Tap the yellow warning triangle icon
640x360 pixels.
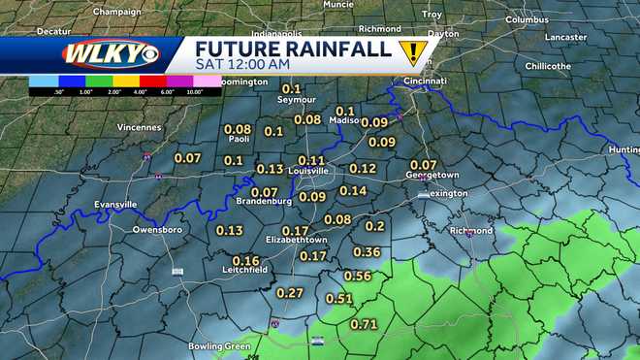pos(415,51)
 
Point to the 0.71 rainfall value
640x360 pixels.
pos(364,323)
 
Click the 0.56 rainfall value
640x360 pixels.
pos(358,276)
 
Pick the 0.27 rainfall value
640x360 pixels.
pos(290,292)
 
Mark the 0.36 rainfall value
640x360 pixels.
pos(367,251)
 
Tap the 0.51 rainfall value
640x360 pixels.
pos(339,299)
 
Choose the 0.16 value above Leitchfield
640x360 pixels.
pos(245,260)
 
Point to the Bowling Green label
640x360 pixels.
pos(219,345)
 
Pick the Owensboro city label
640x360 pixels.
pos(157,230)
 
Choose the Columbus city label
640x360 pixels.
pos(527,19)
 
